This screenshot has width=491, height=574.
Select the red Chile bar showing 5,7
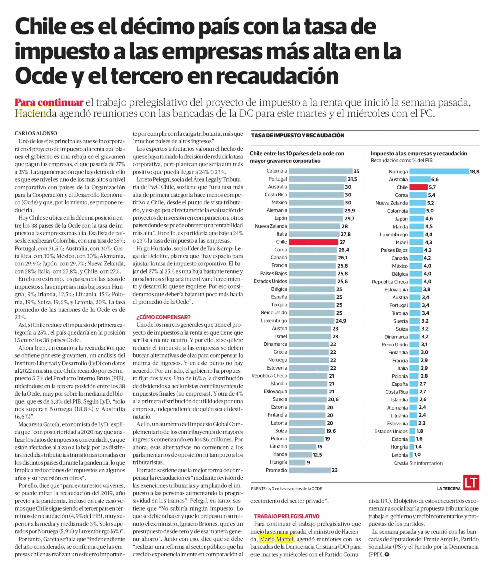pyautogui.click(x=418, y=187)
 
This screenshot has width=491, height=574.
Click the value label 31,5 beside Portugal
pyautogui.click(x=352, y=179)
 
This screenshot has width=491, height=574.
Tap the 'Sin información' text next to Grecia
pyautogui.click(x=426, y=463)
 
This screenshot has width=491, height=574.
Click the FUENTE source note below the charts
pyautogui.click(x=287, y=489)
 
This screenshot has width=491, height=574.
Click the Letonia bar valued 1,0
pyautogui.click(x=411, y=455)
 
